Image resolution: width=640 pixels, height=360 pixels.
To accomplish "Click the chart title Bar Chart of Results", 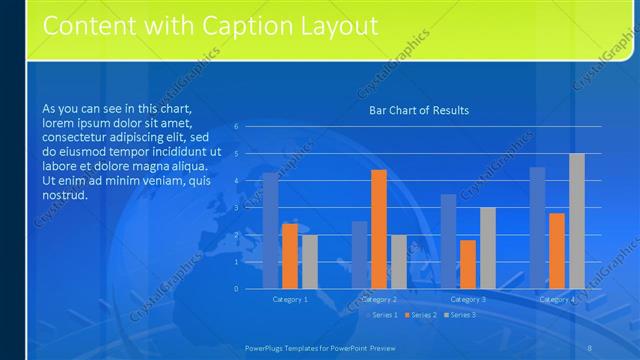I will tap(419, 110).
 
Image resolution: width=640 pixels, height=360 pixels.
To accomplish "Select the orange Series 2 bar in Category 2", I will tap(379, 229).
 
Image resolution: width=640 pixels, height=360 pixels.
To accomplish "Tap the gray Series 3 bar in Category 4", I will tap(577, 221).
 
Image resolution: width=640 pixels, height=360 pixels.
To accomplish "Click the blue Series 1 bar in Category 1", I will tap(270, 230).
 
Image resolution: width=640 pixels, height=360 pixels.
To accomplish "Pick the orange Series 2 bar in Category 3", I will tap(468, 264).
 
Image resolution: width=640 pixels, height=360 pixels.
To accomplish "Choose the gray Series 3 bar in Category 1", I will tap(310, 262).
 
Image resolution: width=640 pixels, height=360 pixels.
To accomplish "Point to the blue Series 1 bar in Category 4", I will tap(537, 228).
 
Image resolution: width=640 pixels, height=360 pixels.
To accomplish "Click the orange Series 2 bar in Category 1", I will tap(290, 256).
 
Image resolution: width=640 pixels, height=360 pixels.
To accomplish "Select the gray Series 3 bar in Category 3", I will tap(488, 248).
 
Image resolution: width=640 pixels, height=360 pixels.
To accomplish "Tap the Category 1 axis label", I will tap(290, 299).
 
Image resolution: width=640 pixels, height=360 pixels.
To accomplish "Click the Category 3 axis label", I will tap(468, 299).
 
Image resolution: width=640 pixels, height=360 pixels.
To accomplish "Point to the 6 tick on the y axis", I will tap(236, 127).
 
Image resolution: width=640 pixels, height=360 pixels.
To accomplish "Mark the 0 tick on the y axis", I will tap(236, 289).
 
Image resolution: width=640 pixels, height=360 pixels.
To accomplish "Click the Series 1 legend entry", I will tap(384, 315).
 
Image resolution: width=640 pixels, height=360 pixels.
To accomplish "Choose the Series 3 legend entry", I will tap(461, 315).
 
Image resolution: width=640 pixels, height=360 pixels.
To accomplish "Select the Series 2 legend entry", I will tap(423, 315).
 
